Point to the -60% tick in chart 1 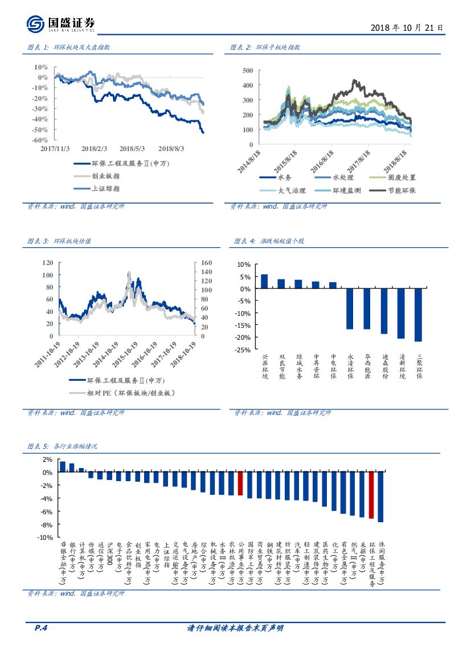pos(39,140)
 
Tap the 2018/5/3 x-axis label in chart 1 pos(132,149)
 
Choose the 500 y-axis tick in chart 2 pos(247,71)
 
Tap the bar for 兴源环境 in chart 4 pos(264,282)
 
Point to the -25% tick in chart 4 pos(243,350)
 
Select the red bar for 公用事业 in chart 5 pos(240,483)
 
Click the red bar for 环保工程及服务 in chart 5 pos(371,495)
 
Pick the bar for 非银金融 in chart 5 pos(63,467)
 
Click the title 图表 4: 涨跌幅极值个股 pos(269,241)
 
